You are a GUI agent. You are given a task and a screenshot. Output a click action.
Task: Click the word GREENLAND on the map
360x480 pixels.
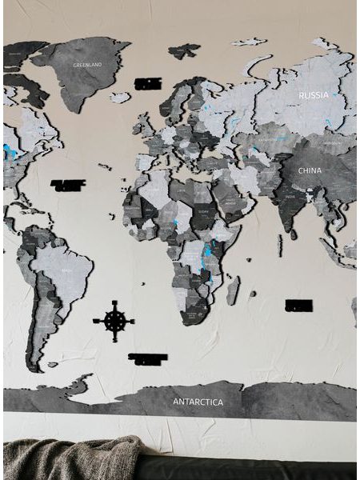pos(87,64)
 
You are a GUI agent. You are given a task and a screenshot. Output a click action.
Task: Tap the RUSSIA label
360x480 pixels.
pos(313,95)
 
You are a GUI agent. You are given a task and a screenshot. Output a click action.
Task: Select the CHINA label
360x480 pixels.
pos(310,170)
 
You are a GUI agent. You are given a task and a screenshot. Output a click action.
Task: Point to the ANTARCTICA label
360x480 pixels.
pos(198,402)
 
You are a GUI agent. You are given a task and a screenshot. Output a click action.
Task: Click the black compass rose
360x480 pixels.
pos(114,321)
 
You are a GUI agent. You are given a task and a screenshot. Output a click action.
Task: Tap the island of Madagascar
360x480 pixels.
pos(232,290)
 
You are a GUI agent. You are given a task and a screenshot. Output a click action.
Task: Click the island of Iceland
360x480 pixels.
pos(120,98)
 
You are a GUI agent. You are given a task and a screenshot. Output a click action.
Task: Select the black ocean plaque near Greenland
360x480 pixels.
pos(148,83)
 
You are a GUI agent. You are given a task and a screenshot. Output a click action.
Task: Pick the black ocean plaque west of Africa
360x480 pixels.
pos(68,185)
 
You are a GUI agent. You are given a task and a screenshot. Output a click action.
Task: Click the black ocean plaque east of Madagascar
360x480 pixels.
pos(298,305)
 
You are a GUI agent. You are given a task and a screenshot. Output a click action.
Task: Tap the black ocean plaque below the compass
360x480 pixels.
pos(147,359)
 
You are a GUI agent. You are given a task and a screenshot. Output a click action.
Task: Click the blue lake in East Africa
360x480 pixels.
pos(207,250)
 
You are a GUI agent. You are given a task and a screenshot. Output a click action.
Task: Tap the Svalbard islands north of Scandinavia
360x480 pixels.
pos(184,51)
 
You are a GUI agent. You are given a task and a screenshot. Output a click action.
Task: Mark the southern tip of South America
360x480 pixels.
pos(34,366)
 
